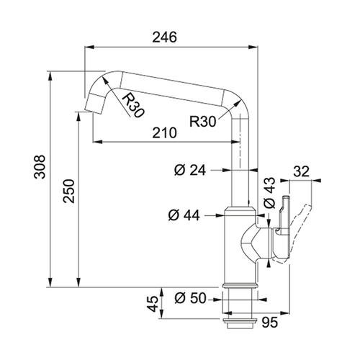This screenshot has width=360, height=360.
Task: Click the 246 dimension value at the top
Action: [x=165, y=37]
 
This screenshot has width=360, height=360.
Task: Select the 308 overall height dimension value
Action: [x=40, y=166]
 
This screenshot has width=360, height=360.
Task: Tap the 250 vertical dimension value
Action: [x=69, y=191]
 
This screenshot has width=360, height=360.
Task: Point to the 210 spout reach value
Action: [x=165, y=132]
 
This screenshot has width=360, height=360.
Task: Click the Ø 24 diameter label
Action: [x=190, y=170]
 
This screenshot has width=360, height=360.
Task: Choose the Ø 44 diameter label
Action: [x=184, y=215]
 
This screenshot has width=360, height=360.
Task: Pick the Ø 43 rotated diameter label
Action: [x=269, y=193]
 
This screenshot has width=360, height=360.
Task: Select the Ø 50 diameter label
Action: [x=190, y=298]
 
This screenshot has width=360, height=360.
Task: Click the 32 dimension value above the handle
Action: [x=302, y=171]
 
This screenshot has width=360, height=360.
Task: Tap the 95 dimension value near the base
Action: [x=269, y=322]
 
